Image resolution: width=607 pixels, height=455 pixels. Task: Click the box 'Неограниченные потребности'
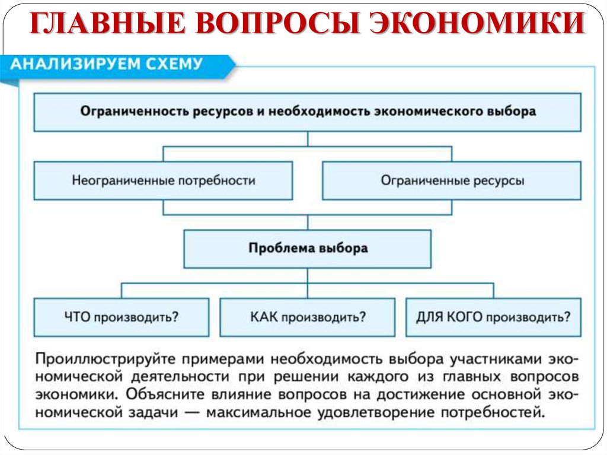tap(163, 180)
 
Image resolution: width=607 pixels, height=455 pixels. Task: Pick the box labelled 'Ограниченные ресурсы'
tap(452, 180)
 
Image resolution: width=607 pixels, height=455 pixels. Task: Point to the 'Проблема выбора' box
tap(308, 248)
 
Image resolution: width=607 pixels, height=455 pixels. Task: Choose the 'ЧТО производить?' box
tap(122, 317)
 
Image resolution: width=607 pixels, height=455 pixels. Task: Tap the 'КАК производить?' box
tap(308, 317)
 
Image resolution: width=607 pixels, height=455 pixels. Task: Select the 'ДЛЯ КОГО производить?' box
tap(494, 317)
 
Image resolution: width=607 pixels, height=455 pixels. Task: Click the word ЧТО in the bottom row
tap(75, 317)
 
